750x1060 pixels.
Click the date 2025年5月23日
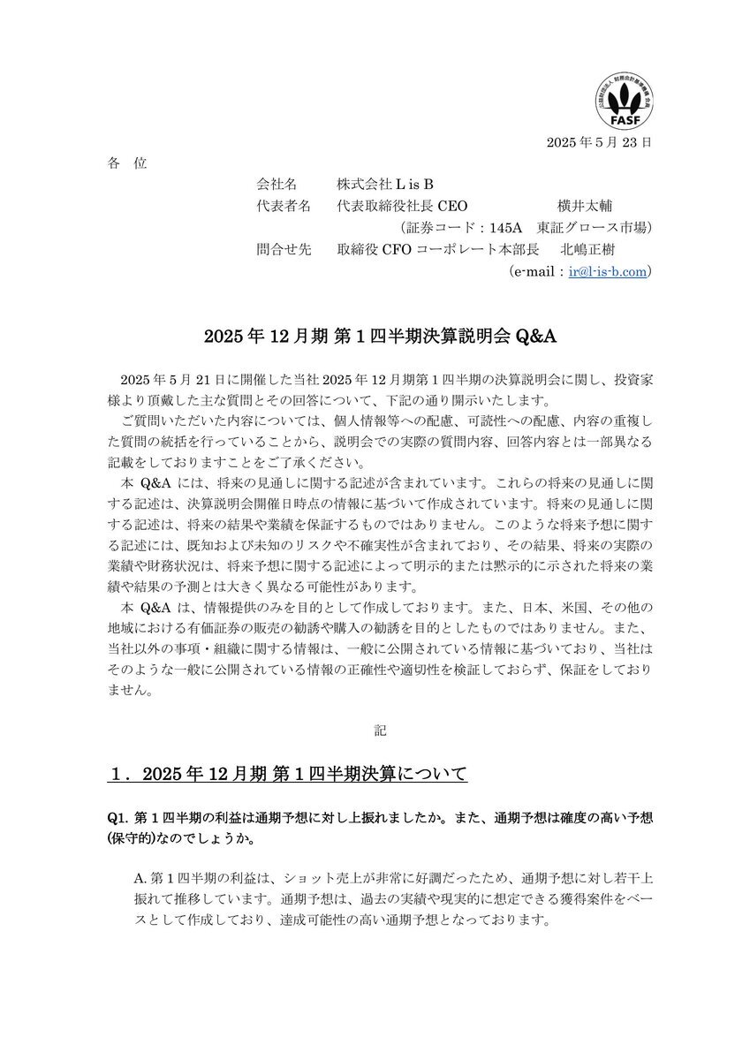click(x=599, y=141)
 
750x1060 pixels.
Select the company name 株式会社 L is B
click(x=385, y=185)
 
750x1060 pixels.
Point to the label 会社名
click(x=277, y=185)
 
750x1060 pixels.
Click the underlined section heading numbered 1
click(x=286, y=776)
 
